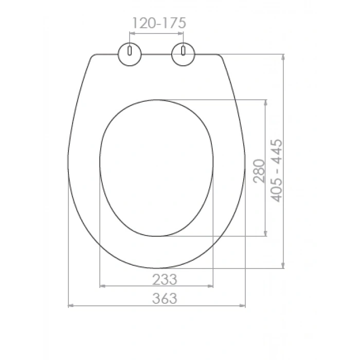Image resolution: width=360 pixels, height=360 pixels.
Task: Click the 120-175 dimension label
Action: [159, 23]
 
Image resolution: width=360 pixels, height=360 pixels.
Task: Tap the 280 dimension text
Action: [259, 171]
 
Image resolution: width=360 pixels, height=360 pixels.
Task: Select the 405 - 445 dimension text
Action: [276, 170]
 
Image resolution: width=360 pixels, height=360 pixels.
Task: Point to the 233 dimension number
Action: [165, 279]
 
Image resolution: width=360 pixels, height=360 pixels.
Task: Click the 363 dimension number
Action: [165, 298]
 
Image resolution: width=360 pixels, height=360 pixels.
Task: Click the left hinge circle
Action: [130, 54]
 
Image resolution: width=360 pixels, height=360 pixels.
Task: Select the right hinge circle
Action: [183, 54]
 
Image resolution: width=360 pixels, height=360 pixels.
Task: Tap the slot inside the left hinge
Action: [130, 51]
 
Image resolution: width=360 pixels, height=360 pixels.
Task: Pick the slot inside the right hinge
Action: [183, 51]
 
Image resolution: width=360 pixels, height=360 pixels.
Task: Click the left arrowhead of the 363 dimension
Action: [71, 305]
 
